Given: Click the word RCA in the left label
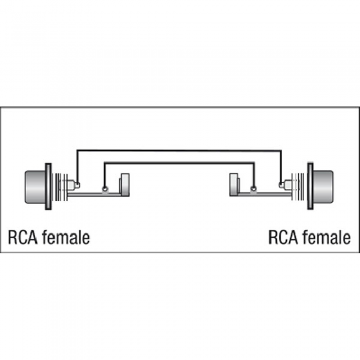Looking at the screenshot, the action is (x=23, y=237).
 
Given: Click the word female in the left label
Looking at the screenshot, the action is (x=66, y=237).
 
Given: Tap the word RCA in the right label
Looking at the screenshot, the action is (x=283, y=237).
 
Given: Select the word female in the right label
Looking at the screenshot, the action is (x=327, y=237).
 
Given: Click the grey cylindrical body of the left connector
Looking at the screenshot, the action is (x=35, y=187).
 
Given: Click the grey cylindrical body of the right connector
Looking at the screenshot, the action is (x=323, y=187).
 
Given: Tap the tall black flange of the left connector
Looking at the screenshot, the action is (x=48, y=186).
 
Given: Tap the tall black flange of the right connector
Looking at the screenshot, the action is (x=310, y=186).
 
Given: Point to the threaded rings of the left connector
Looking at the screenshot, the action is (x=60, y=187).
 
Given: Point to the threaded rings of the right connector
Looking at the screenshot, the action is (x=298, y=187).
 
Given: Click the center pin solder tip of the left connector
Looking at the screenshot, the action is (x=78, y=184).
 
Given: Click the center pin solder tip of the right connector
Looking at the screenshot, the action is (x=281, y=184).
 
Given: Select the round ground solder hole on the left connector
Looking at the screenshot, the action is (x=105, y=189).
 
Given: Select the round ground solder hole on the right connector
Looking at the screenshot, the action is (x=254, y=189).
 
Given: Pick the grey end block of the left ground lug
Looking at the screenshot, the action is (x=124, y=185).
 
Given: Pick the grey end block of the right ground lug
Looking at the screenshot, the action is (x=235, y=185).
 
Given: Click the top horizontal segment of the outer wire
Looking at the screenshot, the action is (x=179, y=151).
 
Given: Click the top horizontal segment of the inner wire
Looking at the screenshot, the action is (x=179, y=163).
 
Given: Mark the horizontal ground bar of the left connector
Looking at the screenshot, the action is (x=94, y=194).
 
